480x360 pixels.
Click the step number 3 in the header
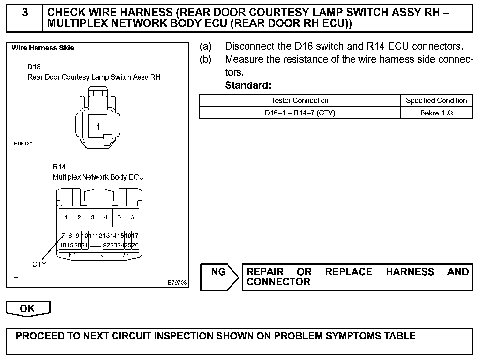pyautogui.click(x=25, y=13)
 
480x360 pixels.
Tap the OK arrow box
pyautogui.click(x=28, y=308)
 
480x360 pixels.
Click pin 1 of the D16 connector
pyautogui.click(x=98, y=127)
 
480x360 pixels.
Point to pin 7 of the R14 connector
pyautogui.click(x=63, y=235)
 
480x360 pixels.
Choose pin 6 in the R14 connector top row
pyautogui.click(x=132, y=217)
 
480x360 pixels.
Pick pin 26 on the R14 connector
pyautogui.click(x=135, y=245)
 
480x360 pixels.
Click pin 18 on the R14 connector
pyautogui.click(x=63, y=245)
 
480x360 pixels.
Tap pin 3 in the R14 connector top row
pyautogui.click(x=93, y=217)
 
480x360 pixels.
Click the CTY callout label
pyautogui.click(x=39, y=264)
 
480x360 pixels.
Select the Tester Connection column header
pyautogui.click(x=300, y=100)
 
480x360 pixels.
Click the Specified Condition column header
pyautogui.click(x=436, y=100)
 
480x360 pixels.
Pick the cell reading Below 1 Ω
pyautogui.click(x=436, y=113)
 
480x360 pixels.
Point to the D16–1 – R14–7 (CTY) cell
pyautogui.click(x=300, y=113)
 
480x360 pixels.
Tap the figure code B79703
pyautogui.click(x=177, y=282)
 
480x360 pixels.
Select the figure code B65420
pyautogui.click(x=23, y=143)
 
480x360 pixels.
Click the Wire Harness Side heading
pyautogui.click(x=43, y=48)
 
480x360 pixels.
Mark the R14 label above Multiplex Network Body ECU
pyautogui.click(x=59, y=167)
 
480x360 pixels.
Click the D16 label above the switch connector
pyautogui.click(x=34, y=67)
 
